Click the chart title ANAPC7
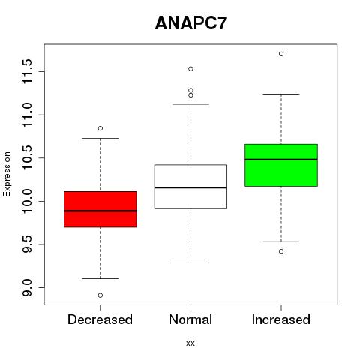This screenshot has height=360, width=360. click(x=191, y=23)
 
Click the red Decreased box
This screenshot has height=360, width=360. click(x=100, y=209)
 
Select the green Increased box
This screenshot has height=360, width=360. click(x=281, y=165)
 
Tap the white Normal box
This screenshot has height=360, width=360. click(x=190, y=187)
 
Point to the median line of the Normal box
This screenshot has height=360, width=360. click(x=190, y=187)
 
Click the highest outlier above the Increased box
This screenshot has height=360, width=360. click(x=281, y=54)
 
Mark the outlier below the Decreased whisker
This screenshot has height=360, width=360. click(x=100, y=295)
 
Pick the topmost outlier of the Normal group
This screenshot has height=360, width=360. click(x=190, y=69)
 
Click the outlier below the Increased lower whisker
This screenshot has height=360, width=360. click(x=281, y=251)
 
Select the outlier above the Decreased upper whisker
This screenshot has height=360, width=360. click(x=100, y=128)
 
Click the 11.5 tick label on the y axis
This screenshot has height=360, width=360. click(x=27, y=71)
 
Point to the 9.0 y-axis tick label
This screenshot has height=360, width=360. click(x=27, y=287)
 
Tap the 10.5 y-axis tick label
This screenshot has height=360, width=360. click(x=27, y=157)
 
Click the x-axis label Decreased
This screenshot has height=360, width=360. click(x=100, y=319)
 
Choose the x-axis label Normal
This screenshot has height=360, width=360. click(x=190, y=319)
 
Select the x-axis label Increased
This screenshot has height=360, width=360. click(x=281, y=319)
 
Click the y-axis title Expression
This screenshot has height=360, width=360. click(x=7, y=174)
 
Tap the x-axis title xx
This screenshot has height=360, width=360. click(x=190, y=343)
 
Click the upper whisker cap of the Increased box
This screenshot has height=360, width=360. click(x=281, y=94)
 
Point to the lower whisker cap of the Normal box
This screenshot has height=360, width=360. click(x=190, y=262)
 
